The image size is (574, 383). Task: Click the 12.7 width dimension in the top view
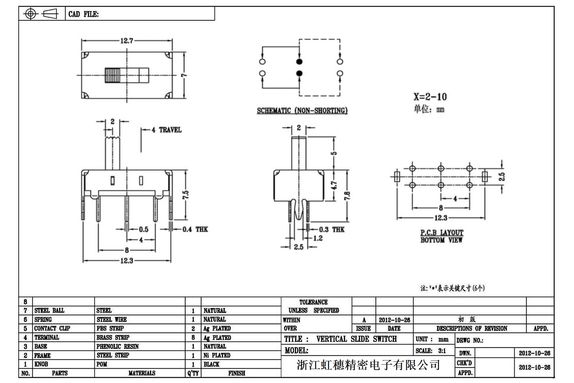point(126,41)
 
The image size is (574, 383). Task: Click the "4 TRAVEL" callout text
point(166,130)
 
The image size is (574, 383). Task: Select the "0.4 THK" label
point(195,229)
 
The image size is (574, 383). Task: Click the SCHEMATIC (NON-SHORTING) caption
point(302,111)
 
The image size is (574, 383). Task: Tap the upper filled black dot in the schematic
point(299,62)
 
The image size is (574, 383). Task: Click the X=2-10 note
point(430,96)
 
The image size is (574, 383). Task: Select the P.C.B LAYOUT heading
point(442,233)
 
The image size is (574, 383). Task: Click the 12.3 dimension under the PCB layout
point(441,218)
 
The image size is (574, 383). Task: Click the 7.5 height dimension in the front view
point(185,195)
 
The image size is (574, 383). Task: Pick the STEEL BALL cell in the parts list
point(49,310)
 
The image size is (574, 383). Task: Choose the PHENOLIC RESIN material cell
point(118,346)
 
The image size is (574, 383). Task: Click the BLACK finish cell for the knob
point(211,364)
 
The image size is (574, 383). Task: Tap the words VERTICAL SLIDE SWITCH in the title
point(356,339)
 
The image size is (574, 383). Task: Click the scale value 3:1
point(442,351)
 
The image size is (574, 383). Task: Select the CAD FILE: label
point(83,14)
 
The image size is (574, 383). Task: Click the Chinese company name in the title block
point(368,365)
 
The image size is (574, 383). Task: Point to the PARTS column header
point(60,373)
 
